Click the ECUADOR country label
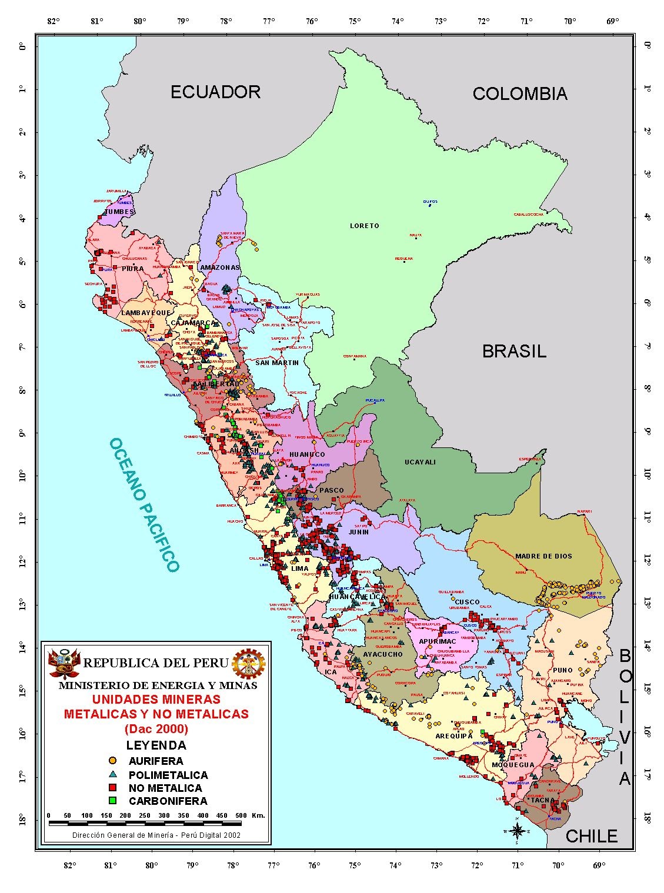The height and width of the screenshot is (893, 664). tap(215, 92)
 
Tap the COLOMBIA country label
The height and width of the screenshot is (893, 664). tap(520, 93)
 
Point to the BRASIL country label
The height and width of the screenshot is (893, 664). tap(514, 352)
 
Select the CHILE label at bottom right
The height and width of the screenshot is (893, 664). tap(591, 837)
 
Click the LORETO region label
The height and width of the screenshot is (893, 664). tap(365, 226)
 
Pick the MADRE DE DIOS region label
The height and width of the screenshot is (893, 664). tap(543, 556)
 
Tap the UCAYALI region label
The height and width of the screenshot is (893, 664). tap(421, 462)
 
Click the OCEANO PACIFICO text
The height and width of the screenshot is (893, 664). tap(144, 504)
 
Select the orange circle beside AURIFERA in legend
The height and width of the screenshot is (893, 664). tap(114, 761)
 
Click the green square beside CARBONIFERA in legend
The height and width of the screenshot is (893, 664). tap(114, 801)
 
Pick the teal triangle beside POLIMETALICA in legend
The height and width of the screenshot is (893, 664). tap(114, 774)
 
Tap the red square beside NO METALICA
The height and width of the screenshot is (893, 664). tap(114, 788)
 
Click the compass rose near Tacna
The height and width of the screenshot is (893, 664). tap(517, 830)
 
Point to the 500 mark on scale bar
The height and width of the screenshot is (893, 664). tap(241, 815)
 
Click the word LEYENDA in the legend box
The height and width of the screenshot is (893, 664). tap(156, 745)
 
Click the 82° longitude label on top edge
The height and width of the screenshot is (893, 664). tap(54, 21)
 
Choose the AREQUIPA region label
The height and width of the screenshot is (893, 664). tap(454, 736)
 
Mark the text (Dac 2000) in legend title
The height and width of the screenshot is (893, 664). tap(156, 729)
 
